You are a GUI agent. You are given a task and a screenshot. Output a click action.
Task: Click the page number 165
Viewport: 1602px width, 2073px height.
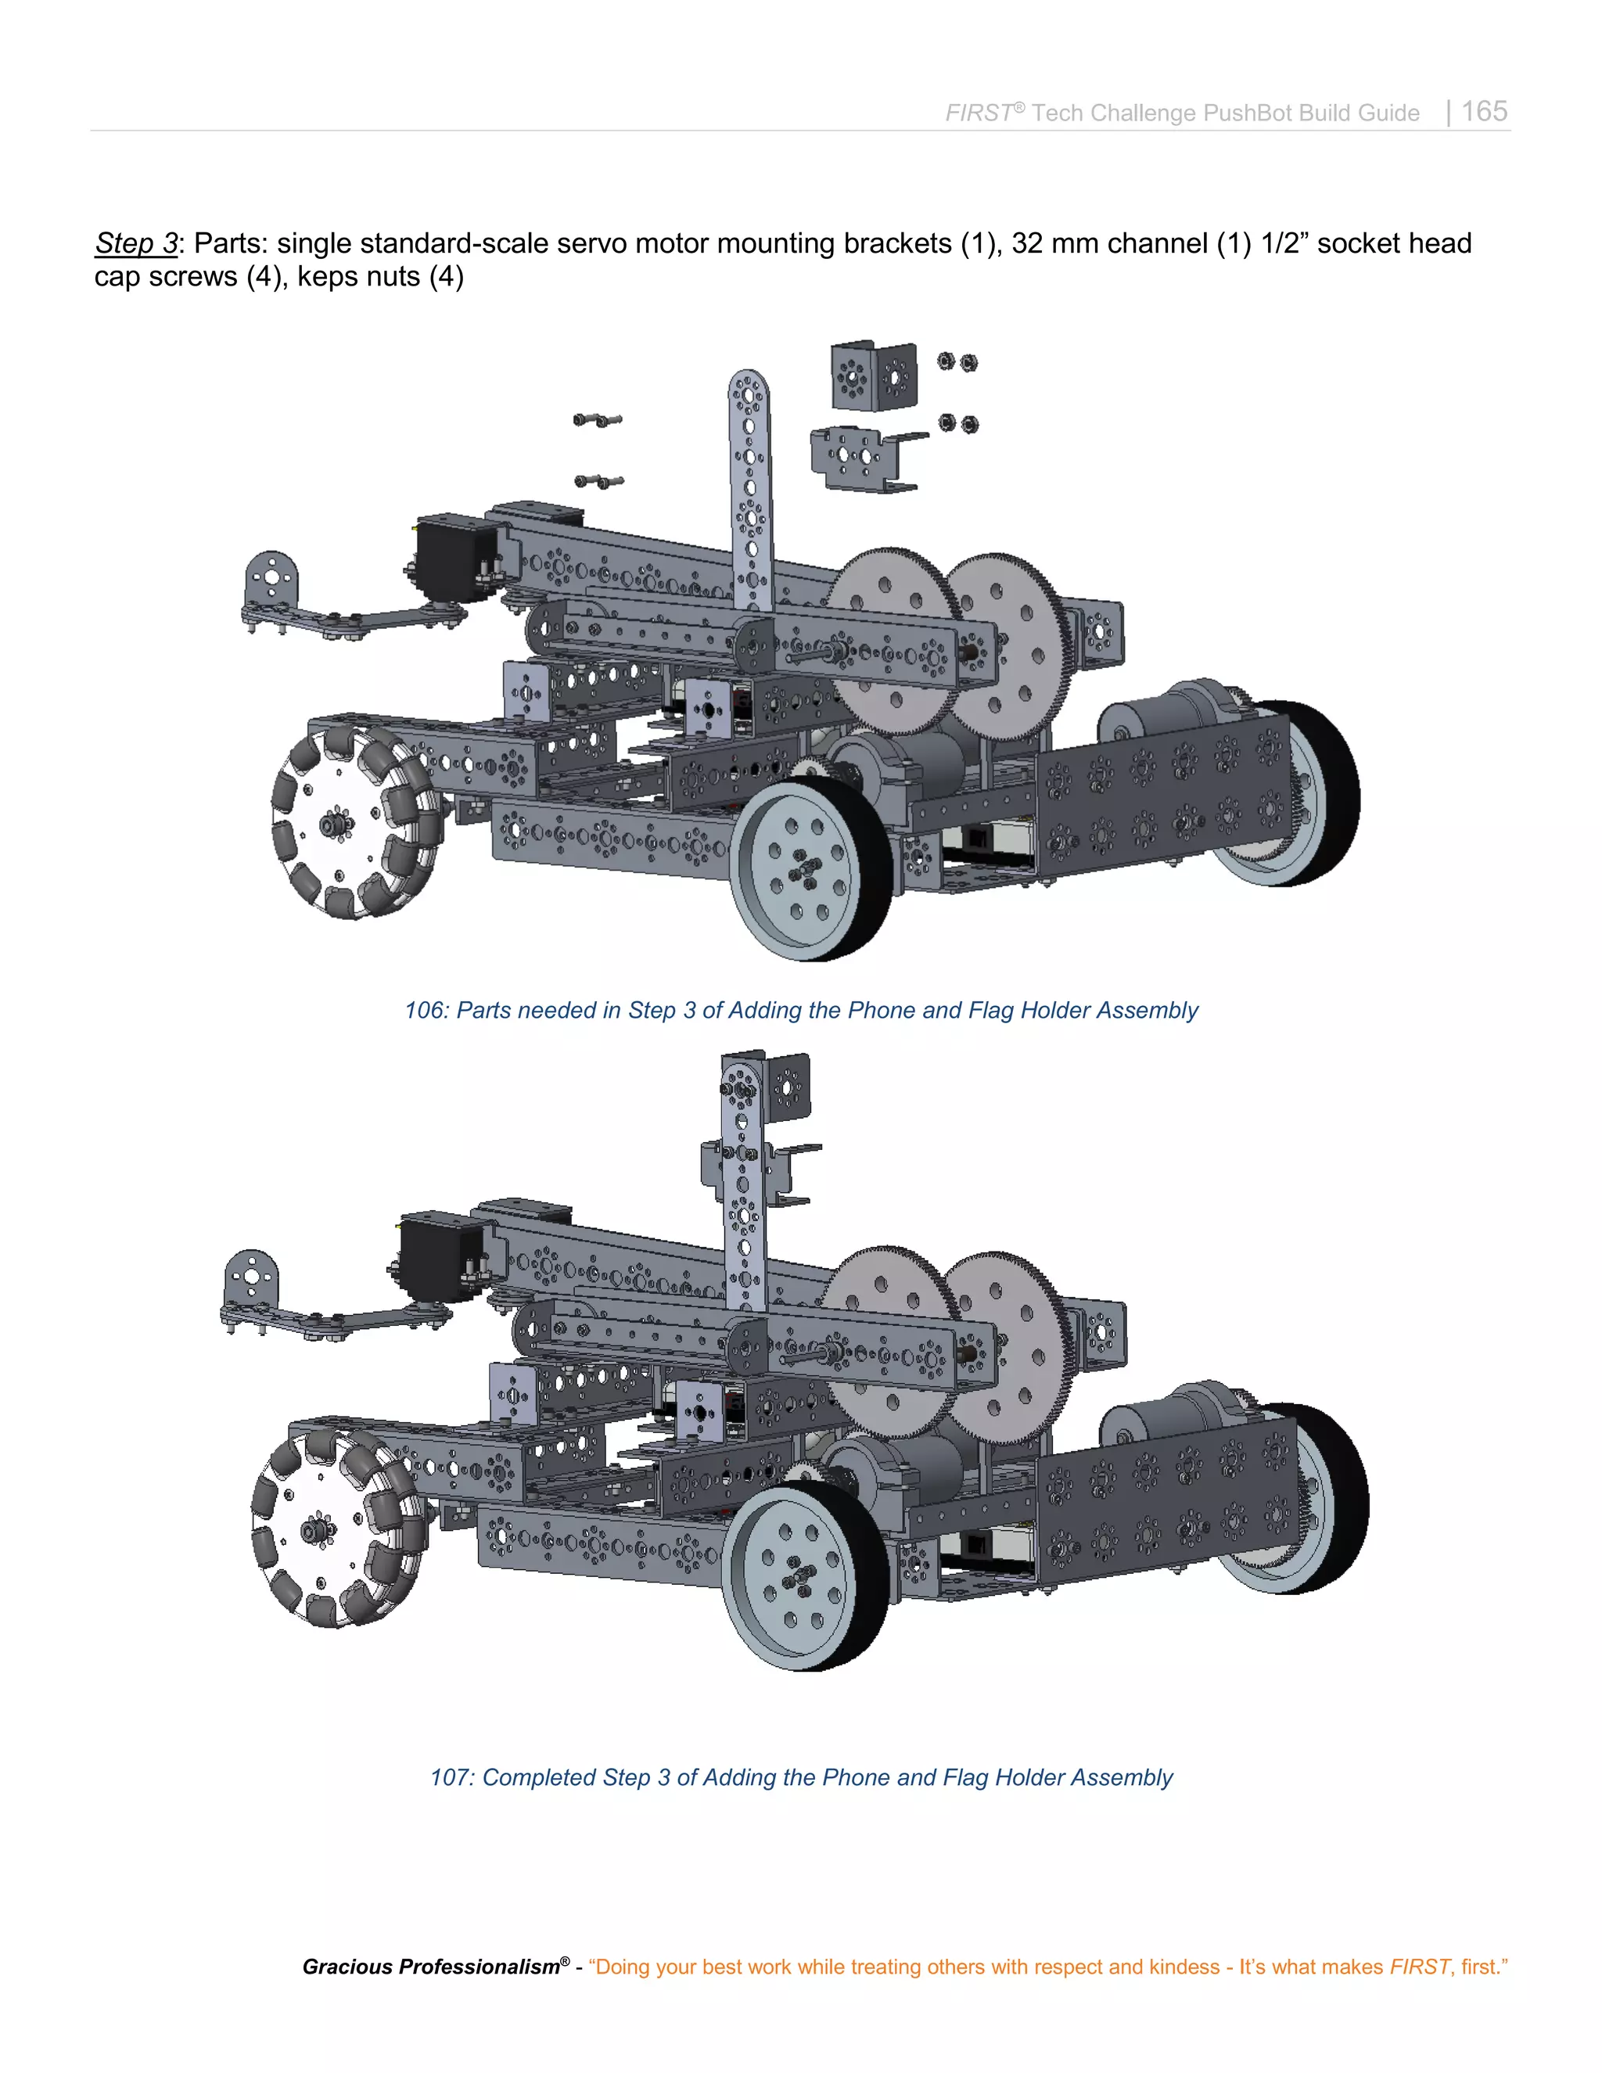pos(1483,111)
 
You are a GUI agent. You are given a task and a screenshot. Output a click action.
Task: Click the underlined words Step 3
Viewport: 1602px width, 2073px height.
pos(135,243)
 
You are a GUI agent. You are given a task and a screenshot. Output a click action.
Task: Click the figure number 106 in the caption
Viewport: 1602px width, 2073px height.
pos(424,1010)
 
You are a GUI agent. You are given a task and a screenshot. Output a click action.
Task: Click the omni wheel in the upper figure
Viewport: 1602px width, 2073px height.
pos(357,822)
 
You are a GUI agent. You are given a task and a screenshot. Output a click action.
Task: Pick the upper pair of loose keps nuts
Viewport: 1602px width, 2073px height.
pos(957,361)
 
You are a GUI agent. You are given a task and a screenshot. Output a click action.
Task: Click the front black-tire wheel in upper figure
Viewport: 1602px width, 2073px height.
pos(811,868)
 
